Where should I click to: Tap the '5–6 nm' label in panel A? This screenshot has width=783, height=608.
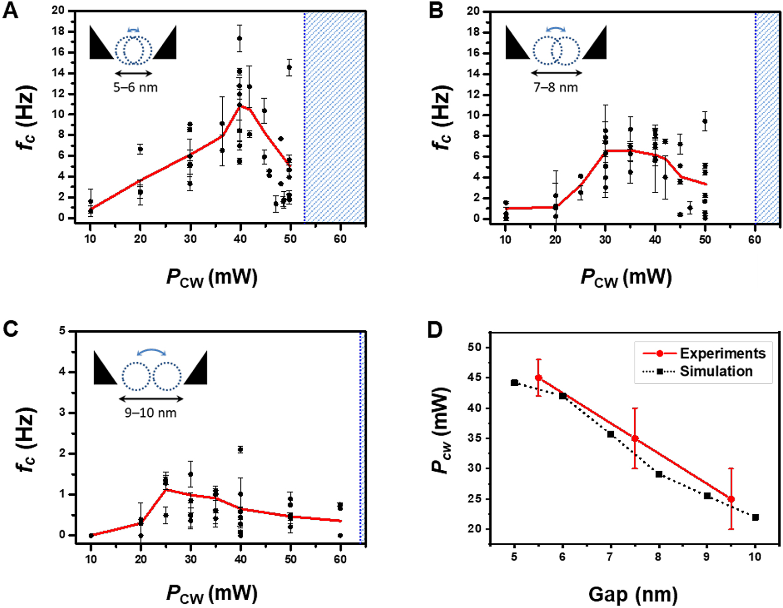(135, 87)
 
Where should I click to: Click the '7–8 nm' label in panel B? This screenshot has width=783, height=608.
(556, 87)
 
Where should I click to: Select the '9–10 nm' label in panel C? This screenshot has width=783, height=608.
(151, 413)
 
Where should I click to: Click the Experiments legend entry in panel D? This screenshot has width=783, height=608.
(722, 353)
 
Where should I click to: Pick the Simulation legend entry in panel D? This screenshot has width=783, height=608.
(716, 371)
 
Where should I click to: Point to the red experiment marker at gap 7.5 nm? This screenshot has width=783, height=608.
(635, 438)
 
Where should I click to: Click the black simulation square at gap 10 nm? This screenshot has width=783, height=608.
(755, 517)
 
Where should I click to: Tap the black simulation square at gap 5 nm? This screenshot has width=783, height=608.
(514, 383)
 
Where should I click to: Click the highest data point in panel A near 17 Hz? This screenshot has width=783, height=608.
(239, 38)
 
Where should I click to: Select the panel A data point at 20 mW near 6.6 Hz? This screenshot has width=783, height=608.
(140, 149)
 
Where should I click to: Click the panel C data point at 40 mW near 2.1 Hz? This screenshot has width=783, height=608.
(240, 450)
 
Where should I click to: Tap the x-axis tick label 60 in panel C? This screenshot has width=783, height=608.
(340, 559)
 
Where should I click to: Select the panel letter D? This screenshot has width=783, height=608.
(435, 330)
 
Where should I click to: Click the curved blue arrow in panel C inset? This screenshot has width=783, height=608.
(152, 352)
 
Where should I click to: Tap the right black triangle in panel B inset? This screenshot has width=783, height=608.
(595, 44)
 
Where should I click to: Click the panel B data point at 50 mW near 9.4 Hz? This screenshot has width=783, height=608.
(705, 122)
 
